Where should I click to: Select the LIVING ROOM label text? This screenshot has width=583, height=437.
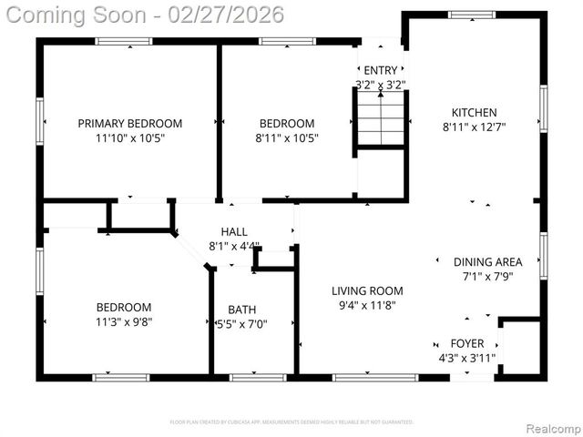[366, 291]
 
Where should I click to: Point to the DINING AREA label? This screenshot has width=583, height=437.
[487, 262]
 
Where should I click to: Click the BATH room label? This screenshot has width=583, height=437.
[241, 310]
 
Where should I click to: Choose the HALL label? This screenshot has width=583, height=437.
[234, 232]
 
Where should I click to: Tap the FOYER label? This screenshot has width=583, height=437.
[467, 343]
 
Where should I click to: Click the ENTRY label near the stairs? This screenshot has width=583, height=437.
[380, 70]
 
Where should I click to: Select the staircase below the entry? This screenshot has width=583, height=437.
[380, 118]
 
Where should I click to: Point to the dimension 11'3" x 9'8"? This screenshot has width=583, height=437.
[124, 322]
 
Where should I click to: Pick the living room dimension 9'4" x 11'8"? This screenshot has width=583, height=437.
[366, 306]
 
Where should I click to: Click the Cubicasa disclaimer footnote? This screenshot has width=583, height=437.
[291, 422]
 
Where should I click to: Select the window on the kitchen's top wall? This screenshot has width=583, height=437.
[472, 15]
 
